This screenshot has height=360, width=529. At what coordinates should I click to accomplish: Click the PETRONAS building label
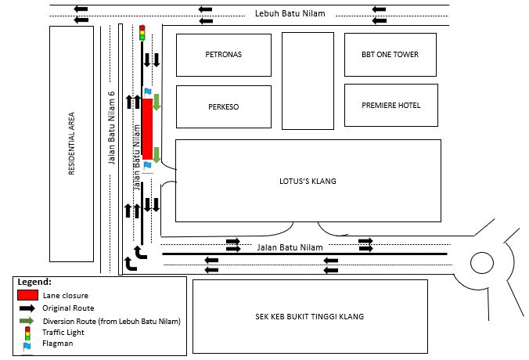(224, 56)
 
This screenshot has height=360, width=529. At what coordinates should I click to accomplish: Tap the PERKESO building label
(223, 106)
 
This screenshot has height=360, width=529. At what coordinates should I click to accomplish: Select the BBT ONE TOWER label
(390, 55)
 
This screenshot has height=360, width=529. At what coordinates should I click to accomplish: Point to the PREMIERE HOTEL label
(390, 106)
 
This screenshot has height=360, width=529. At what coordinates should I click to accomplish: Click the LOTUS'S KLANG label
(308, 181)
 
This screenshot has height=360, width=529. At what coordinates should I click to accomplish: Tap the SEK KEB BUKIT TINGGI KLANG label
(310, 316)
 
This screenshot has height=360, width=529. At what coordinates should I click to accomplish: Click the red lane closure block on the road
(146, 129)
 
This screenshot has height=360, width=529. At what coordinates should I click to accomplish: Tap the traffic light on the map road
(142, 32)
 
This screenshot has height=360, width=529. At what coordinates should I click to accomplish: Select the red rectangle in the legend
(28, 295)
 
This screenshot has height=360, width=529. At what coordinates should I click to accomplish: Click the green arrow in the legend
(28, 321)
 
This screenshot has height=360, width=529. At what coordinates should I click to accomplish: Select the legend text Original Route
(70, 308)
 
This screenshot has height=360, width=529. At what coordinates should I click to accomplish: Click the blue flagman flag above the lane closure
(146, 92)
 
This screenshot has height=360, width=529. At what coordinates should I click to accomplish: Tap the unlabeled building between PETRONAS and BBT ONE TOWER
(308, 80)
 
